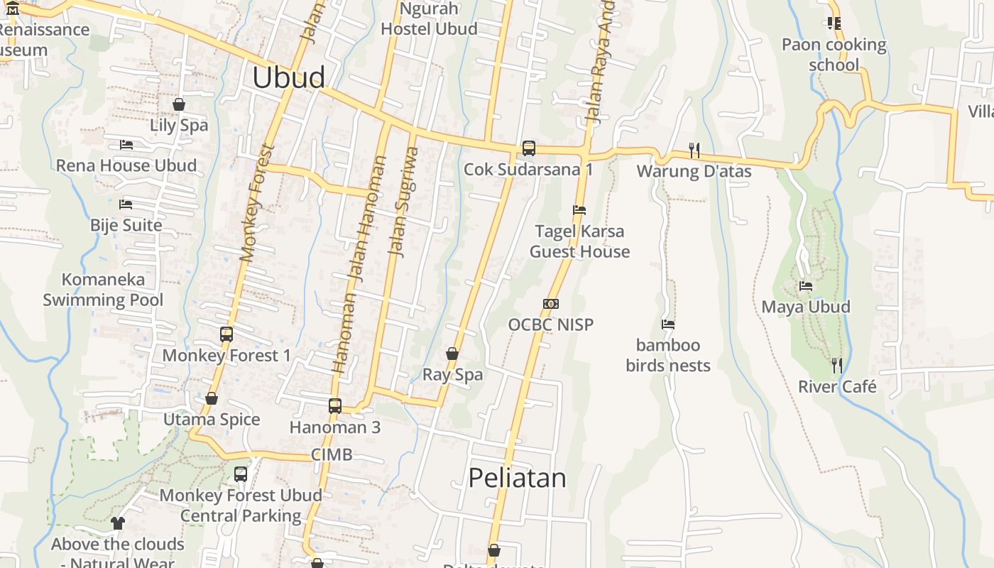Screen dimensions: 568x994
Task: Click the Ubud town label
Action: (289, 77)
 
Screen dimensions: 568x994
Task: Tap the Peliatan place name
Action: (517, 478)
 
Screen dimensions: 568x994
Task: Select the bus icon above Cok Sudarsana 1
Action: (529, 148)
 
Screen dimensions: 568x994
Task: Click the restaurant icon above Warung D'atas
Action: (694, 150)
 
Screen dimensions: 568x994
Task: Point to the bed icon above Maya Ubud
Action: (806, 286)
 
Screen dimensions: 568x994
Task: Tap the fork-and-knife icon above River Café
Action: (837, 366)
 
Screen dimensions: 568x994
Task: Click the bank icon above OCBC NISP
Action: (551, 304)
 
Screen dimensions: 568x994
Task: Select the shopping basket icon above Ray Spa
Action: (452, 354)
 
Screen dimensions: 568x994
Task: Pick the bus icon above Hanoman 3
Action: (335, 406)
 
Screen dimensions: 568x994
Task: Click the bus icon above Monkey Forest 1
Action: (226, 334)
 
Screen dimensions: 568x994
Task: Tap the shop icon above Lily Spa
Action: (179, 104)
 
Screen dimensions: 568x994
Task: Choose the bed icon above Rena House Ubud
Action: (126, 145)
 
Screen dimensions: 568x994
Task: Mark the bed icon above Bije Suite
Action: (126, 204)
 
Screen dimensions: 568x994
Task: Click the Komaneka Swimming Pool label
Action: (103, 290)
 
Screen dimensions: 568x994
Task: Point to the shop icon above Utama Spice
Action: (212, 398)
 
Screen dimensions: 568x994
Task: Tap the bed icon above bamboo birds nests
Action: (668, 324)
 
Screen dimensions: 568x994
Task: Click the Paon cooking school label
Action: (834, 55)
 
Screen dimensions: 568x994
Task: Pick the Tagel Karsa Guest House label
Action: (579, 241)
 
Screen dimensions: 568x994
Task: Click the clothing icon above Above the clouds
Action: (118, 523)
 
